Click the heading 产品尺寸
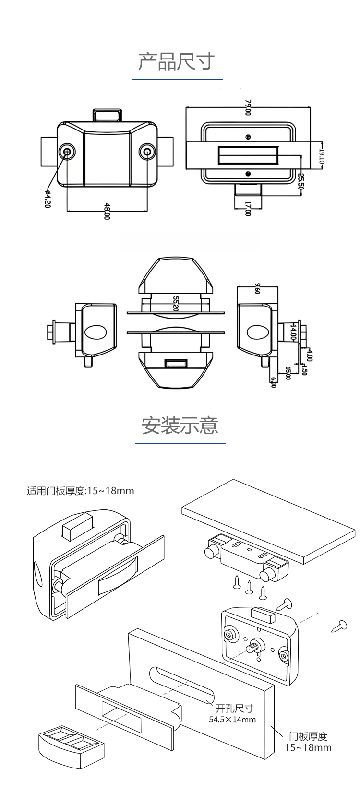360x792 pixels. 176,62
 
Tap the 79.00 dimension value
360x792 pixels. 248,107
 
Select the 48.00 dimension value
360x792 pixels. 107,212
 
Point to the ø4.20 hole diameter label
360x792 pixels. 47,199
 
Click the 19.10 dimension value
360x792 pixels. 322,155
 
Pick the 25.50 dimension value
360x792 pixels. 301,181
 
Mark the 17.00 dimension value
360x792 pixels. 248,208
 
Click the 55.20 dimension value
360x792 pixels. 176,304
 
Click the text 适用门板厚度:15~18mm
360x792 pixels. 81,491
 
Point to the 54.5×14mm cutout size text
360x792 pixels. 232,719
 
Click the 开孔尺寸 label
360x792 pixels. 234,708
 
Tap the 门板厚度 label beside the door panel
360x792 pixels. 308,736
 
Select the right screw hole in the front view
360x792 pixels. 147,152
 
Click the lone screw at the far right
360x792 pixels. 340,626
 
